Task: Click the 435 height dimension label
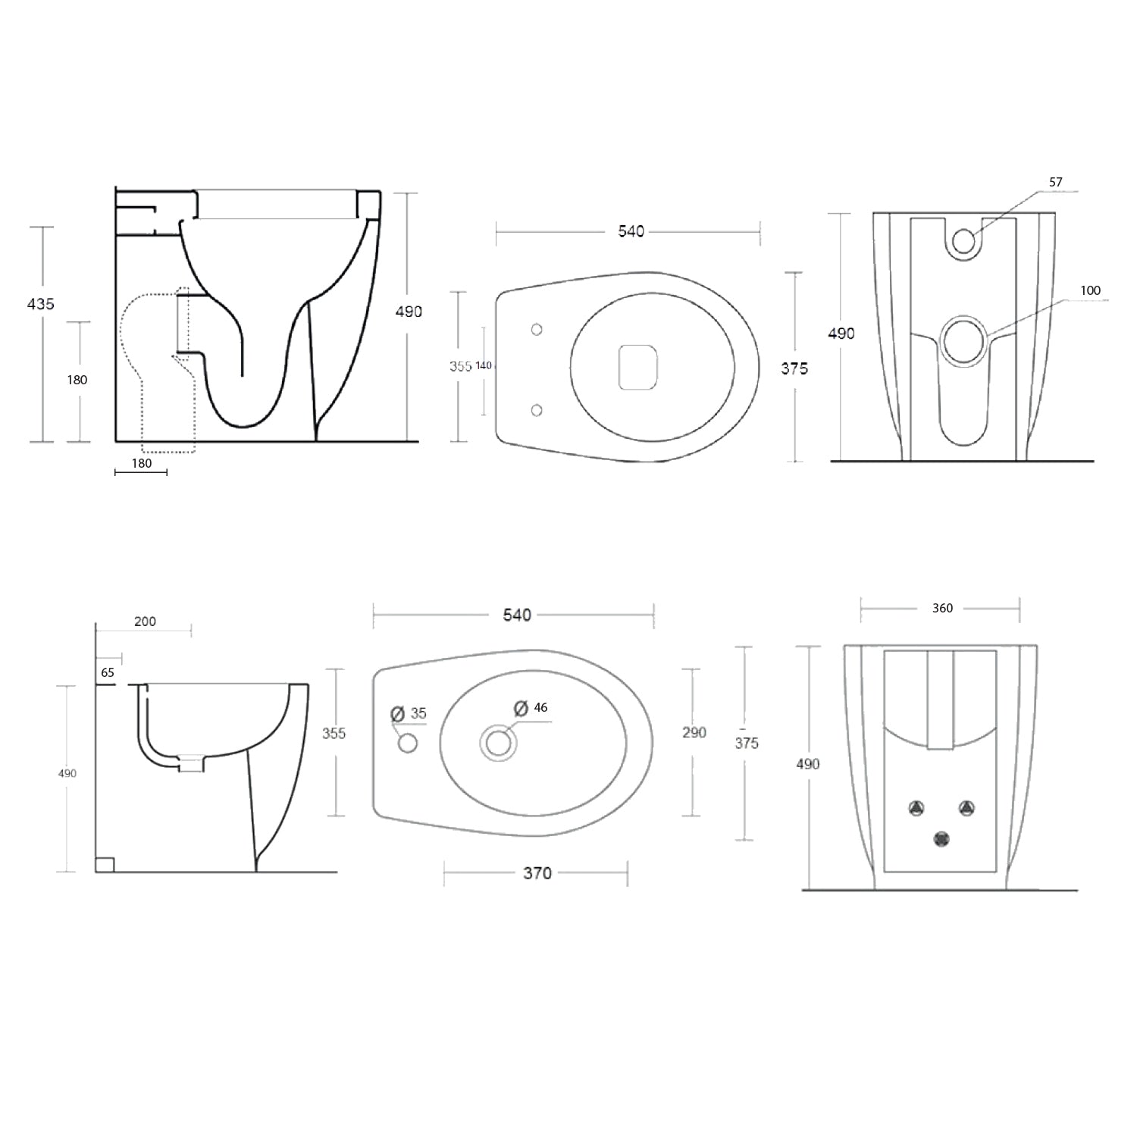click(x=41, y=304)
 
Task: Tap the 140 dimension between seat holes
click(x=484, y=366)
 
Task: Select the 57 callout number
click(x=1056, y=182)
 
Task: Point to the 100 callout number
click(x=1090, y=290)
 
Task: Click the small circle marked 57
click(x=963, y=241)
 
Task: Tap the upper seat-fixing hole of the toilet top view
click(x=537, y=329)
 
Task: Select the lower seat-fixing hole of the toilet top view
click(x=537, y=410)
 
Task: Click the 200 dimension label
click(x=145, y=622)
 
